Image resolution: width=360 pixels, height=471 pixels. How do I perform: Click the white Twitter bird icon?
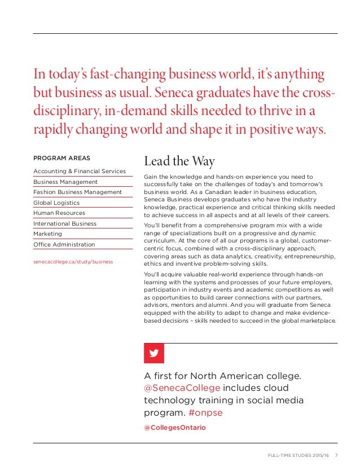pos(154,354)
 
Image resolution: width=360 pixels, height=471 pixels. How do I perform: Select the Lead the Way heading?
pos(179,161)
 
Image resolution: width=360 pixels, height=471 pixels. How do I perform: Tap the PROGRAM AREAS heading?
pos(62,158)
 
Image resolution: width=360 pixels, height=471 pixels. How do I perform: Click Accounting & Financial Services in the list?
pos(80,171)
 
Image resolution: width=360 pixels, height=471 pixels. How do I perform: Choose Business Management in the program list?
pos(65,182)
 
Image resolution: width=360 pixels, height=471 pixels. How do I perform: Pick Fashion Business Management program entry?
pos(77,192)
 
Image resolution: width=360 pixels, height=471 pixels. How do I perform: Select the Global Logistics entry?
pos(56,203)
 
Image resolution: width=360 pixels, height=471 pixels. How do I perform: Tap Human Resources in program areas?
pos(59,213)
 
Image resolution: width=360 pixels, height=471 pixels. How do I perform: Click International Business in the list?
pos(65,223)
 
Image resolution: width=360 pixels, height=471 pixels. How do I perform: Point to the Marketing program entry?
pos(48,234)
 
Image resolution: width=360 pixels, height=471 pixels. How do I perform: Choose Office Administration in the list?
pos(64,244)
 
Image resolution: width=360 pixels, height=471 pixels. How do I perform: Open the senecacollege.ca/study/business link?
pos(73,262)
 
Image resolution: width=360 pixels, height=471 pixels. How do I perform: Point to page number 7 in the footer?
pos(337,456)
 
